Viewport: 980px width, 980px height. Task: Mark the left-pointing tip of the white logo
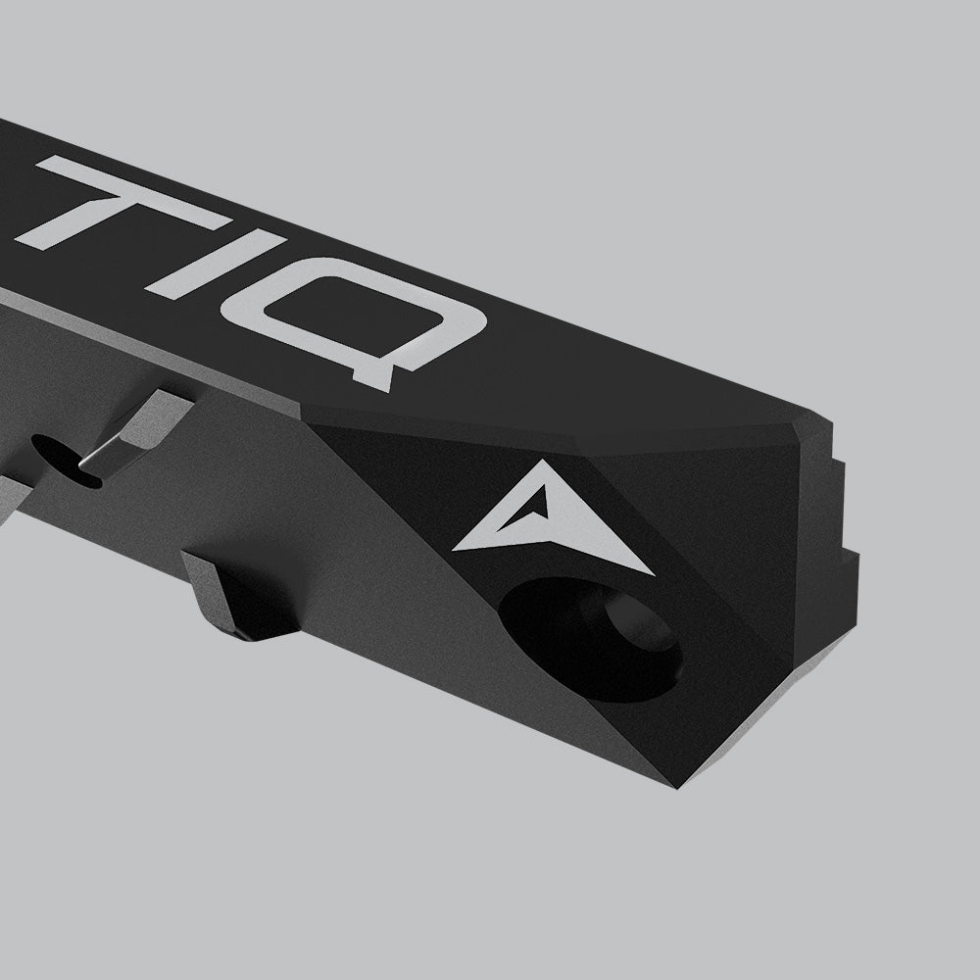point(459,546)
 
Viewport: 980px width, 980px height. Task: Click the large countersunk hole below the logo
point(588,637)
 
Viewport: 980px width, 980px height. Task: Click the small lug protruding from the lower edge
point(235,598)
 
